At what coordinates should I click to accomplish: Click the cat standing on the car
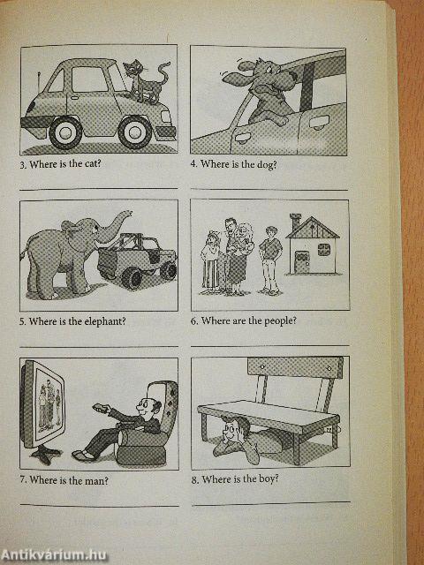pos(146,81)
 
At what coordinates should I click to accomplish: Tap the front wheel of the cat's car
pos(135,132)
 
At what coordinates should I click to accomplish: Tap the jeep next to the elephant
pos(138,260)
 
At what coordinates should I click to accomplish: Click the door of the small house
pos(302,262)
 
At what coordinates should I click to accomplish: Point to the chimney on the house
pos(295,222)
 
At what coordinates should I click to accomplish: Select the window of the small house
pos(324,249)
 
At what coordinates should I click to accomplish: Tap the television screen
pos(49,404)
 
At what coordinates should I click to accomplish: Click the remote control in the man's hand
pos(100,408)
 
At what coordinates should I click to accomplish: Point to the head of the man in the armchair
pos(148,407)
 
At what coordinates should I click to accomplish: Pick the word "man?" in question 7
pos(95,480)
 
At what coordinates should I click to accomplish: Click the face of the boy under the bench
pos(230,430)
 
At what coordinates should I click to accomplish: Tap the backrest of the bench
pos(295,367)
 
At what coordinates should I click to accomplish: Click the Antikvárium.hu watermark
pos(54,555)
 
